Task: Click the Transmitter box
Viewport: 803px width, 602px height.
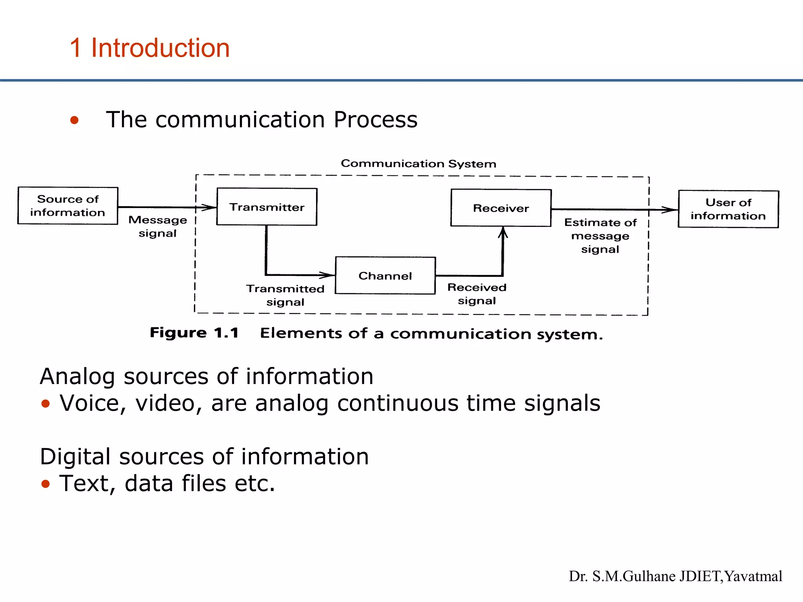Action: click(267, 207)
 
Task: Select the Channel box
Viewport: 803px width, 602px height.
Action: click(385, 276)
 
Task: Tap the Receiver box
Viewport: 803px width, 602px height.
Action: click(501, 208)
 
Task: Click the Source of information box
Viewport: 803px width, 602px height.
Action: click(68, 205)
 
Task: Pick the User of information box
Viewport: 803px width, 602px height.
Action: click(728, 209)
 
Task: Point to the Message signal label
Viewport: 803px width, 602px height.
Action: click(158, 227)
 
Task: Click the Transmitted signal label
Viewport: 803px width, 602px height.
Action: click(285, 295)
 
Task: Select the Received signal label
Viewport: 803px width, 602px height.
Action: click(477, 294)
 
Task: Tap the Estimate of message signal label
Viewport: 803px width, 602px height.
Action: click(600, 236)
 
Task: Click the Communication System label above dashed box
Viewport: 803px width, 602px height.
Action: click(418, 163)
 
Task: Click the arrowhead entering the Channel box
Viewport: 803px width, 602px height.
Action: click(329, 275)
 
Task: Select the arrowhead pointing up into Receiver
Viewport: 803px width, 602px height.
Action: click(503, 233)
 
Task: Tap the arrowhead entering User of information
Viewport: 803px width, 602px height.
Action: click(671, 210)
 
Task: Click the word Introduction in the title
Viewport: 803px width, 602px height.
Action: click(160, 48)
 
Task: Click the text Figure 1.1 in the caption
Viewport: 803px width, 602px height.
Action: click(194, 333)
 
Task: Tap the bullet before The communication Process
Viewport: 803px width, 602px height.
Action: click(74, 120)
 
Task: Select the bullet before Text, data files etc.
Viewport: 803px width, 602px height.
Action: click(45, 484)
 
